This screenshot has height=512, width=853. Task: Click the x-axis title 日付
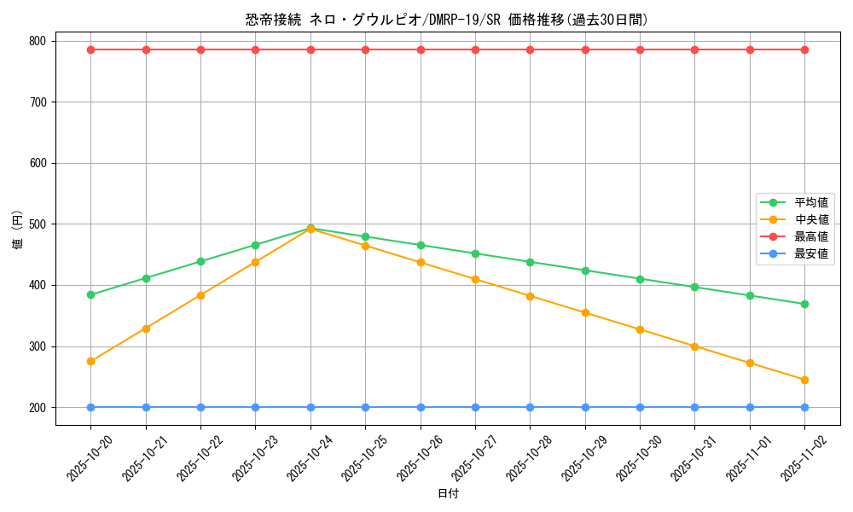click(x=448, y=494)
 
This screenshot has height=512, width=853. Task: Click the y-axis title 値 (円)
click(x=18, y=230)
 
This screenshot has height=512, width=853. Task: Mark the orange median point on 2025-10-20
click(x=90, y=361)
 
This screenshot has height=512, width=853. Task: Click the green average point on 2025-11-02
click(x=804, y=304)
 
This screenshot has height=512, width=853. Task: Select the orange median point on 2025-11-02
click(x=804, y=380)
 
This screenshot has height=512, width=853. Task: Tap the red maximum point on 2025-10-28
click(x=530, y=49)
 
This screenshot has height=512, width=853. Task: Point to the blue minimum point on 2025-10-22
click(x=200, y=407)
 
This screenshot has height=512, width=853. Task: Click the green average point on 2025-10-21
click(x=146, y=278)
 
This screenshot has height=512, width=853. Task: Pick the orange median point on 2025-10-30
click(x=640, y=329)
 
